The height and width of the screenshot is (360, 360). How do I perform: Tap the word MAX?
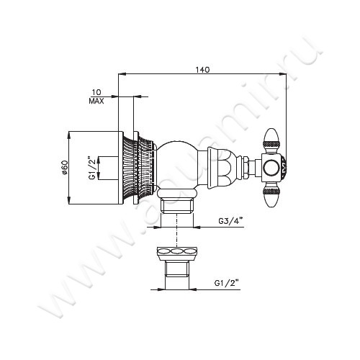tap(96, 102)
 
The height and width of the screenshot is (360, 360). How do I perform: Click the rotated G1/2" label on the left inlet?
tap(91, 168)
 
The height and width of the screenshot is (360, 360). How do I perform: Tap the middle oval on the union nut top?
tap(175, 252)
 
